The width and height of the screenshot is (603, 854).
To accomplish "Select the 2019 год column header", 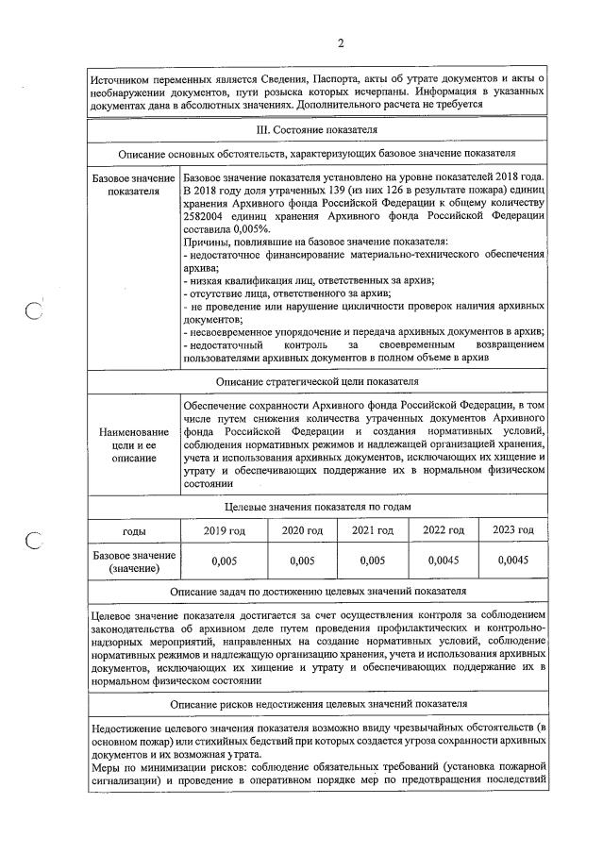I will pyautogui.click(x=224, y=530).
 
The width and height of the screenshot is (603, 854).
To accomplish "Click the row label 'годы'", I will pyautogui.click(x=133, y=530).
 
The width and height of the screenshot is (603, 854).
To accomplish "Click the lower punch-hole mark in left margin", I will pyautogui.click(x=35, y=541).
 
